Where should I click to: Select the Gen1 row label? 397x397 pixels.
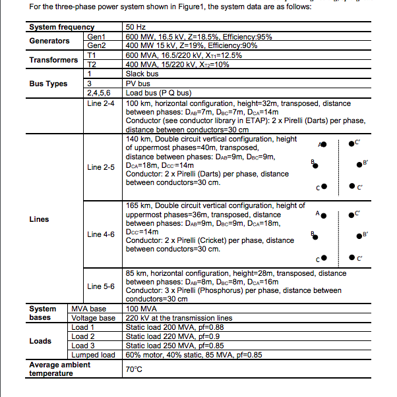(x=96, y=36)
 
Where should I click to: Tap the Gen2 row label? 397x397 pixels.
(x=96, y=45)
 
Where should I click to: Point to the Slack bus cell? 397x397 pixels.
(x=144, y=74)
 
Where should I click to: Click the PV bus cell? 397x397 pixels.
(x=138, y=84)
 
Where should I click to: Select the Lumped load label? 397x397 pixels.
(x=93, y=355)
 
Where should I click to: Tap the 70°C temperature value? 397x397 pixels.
(x=134, y=369)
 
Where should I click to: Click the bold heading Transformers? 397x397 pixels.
(x=53, y=60)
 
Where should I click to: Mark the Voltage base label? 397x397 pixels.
(x=93, y=318)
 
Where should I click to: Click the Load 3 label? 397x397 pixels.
(x=84, y=346)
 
